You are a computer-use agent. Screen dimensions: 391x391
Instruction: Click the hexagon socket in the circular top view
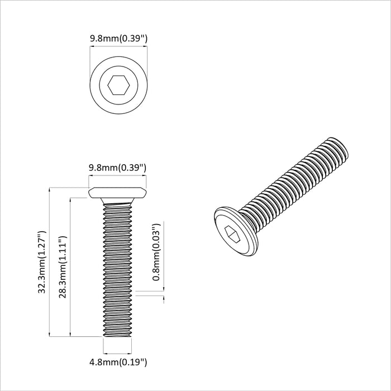click(x=118, y=86)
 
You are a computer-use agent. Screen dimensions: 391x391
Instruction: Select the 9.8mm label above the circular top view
click(x=118, y=39)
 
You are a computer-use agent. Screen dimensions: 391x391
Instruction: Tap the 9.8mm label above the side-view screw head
click(x=118, y=167)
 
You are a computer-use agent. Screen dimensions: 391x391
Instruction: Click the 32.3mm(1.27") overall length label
click(x=42, y=263)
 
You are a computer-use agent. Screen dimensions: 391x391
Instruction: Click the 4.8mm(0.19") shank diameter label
click(x=118, y=363)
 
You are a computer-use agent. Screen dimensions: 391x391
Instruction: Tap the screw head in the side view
click(x=118, y=193)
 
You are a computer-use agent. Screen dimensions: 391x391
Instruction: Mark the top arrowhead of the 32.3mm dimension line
click(x=51, y=190)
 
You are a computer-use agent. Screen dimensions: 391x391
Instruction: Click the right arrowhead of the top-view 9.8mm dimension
click(x=146, y=49)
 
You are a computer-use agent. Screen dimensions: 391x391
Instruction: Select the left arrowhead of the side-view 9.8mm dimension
click(x=90, y=177)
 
